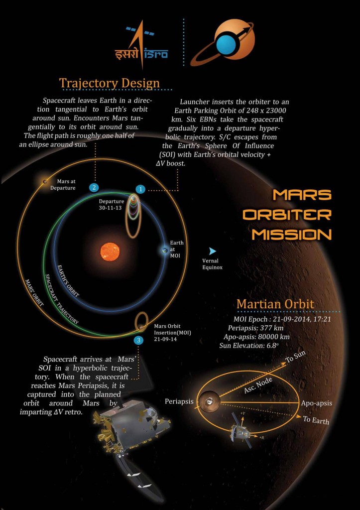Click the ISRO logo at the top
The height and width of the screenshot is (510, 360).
coord(142,44)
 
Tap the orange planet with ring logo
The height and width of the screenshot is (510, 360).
coord(223,42)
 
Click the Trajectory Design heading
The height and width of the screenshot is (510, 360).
coord(109,83)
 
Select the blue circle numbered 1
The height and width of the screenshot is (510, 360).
coord(140,189)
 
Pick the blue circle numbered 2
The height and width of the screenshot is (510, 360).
coord(94,187)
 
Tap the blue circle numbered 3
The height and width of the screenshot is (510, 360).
coord(138,340)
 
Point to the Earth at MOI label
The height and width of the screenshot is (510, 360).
coord(177,249)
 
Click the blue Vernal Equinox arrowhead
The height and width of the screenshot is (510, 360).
coord(212,251)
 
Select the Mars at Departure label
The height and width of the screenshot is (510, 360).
coord(63,185)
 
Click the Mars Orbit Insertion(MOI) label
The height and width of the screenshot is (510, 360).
coord(172,333)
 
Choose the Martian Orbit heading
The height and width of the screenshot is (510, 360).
coord(275,304)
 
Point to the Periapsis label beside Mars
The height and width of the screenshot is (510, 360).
coord(179,401)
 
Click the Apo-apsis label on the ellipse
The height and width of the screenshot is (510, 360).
coord(316,403)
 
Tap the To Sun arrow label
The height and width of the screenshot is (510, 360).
coord(296,357)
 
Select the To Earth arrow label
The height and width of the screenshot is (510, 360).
coord(316,420)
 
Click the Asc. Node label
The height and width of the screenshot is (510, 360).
coord(258,385)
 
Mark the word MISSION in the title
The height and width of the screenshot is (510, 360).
coord(292,234)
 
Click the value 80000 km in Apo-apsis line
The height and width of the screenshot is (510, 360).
coord(273,337)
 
